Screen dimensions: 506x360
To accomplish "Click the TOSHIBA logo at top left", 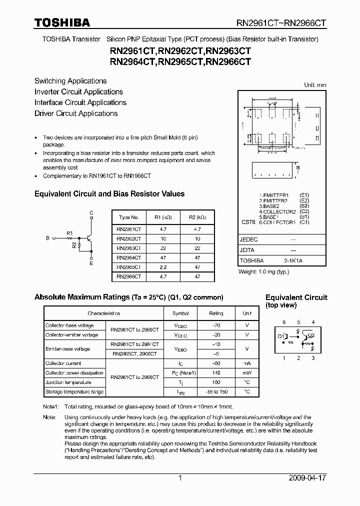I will (62, 22).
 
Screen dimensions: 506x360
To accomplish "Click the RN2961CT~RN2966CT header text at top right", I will (281, 23).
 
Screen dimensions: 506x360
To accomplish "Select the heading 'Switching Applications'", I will (70, 81).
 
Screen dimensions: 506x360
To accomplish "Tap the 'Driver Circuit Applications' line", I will (76, 113).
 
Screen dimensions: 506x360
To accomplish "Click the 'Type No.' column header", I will (128, 217).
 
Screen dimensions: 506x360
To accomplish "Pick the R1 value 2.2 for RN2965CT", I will (163, 267).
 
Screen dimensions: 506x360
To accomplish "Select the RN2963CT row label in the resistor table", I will (128, 248).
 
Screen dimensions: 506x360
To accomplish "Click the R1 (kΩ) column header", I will (163, 217).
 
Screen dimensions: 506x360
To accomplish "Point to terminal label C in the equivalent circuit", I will (91, 213).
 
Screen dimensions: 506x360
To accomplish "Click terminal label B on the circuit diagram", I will (48, 238).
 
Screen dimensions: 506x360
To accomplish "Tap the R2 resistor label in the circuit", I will (74, 245).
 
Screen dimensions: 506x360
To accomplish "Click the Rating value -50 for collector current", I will (216, 363).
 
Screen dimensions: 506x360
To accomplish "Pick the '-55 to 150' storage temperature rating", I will (216, 392).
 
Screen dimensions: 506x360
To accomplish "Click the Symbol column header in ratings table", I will (180, 313).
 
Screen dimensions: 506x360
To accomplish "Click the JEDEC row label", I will (249, 239).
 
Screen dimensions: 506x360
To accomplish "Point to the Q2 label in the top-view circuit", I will (311, 335).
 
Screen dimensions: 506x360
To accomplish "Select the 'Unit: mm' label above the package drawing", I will (315, 85).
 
